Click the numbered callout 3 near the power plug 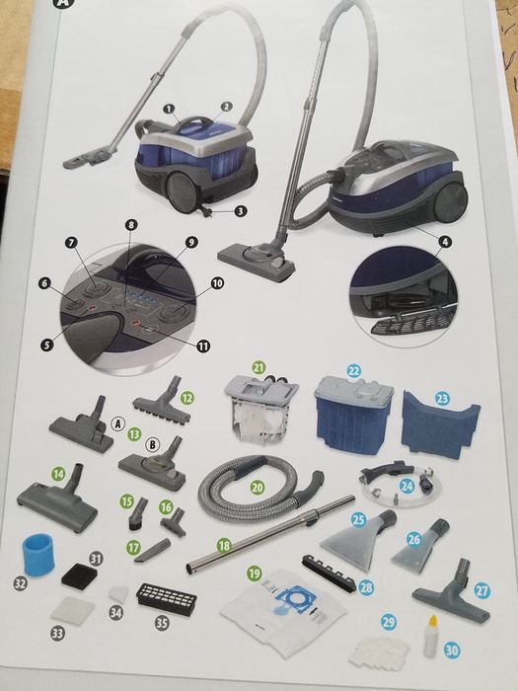tap(240, 211)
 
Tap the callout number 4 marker tap(445, 242)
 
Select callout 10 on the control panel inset tap(218, 283)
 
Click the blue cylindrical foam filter tap(37, 555)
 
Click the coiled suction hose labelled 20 tap(259, 489)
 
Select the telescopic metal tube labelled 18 tap(270, 534)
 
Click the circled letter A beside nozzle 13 tap(117, 423)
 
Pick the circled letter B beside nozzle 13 tap(152, 444)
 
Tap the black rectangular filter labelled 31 tap(79, 576)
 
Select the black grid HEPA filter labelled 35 tap(167, 600)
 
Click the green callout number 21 tap(259, 366)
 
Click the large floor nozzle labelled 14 tap(57, 500)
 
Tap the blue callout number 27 tap(481, 590)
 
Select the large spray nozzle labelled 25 tap(358, 539)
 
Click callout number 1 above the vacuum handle tap(169, 109)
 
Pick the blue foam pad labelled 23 tap(440, 424)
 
